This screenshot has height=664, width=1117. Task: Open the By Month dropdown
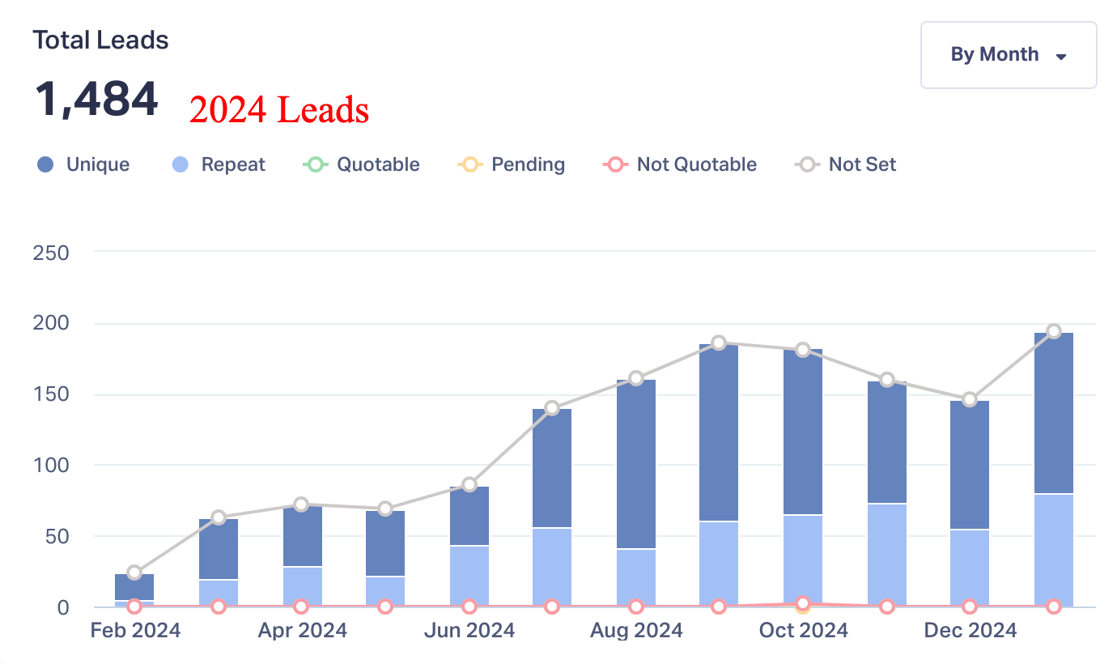pos(1008,55)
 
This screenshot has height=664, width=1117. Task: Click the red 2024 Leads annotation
pos(279,110)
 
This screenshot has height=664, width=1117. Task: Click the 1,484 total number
pos(96,100)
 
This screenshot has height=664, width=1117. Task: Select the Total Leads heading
pos(100,40)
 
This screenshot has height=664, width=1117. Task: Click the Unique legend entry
pos(84,164)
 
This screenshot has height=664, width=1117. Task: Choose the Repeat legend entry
pos(219,164)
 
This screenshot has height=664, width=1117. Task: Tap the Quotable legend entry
pos(362,164)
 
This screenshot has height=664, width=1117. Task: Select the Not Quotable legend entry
pos(680,164)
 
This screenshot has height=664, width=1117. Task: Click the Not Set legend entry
pos(847,164)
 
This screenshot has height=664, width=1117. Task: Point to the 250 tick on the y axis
pos(51,253)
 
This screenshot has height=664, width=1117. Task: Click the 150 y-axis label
pos(51,394)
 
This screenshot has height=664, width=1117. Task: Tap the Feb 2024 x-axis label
pos(135,630)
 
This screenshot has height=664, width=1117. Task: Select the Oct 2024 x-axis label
pos(803,630)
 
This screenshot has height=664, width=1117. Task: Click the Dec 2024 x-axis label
pos(970,630)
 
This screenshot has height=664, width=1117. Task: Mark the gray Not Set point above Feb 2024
pos(134,572)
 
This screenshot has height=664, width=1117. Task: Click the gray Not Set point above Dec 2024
pos(970,399)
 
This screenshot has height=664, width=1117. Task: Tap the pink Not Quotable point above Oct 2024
pos(803,603)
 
